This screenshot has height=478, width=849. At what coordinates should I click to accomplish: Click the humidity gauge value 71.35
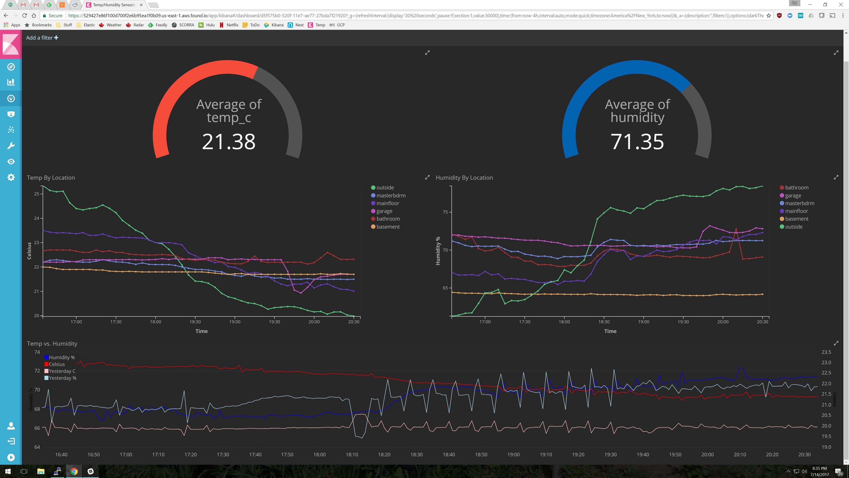637,142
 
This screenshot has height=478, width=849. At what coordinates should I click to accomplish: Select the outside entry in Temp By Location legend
385,187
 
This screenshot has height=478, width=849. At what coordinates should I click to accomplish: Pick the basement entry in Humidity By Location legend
796,219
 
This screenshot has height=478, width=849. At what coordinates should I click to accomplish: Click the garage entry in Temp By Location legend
384,211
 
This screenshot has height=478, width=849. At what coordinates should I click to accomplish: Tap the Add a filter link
42,38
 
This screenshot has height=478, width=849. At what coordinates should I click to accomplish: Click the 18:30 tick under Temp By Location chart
195,322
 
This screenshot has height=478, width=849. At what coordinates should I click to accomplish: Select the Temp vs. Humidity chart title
52,343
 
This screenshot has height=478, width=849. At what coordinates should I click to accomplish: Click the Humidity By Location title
464,177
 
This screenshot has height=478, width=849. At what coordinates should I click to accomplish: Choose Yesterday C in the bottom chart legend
62,371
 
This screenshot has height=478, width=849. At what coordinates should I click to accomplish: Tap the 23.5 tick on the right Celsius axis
826,352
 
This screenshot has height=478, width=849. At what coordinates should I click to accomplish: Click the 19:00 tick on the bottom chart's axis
513,455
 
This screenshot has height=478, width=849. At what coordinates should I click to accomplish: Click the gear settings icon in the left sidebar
11,177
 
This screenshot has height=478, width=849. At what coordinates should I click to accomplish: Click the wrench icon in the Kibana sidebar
11,146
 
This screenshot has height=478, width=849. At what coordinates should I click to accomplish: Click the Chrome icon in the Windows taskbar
74,471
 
